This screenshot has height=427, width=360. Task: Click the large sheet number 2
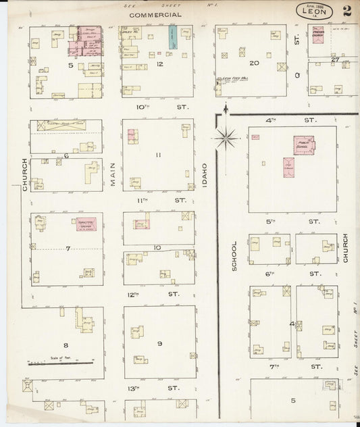coord(346,11)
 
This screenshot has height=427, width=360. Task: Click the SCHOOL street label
coord(235,256)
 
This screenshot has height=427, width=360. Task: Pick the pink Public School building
coord(303,145)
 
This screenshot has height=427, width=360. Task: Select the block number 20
coord(254,63)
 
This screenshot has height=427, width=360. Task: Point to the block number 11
coord(158,155)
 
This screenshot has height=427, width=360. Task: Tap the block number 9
coord(159,343)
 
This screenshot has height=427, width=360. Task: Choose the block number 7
coord(68,249)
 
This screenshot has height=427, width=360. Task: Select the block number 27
coord(334,59)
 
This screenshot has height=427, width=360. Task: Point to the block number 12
coord(159,64)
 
